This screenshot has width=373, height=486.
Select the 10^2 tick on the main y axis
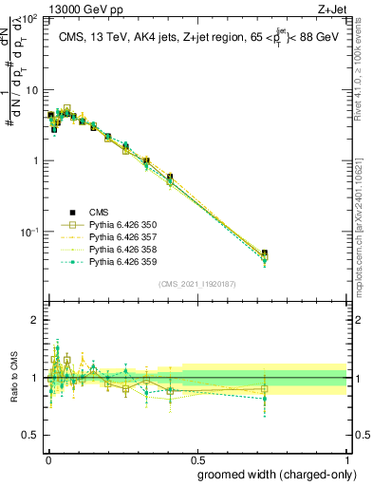click(x=31, y=19)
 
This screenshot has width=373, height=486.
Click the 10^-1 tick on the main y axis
click(x=31, y=232)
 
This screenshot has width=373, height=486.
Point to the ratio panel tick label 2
click(x=35, y=320)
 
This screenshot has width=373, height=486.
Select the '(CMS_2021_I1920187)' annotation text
click(x=196, y=283)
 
